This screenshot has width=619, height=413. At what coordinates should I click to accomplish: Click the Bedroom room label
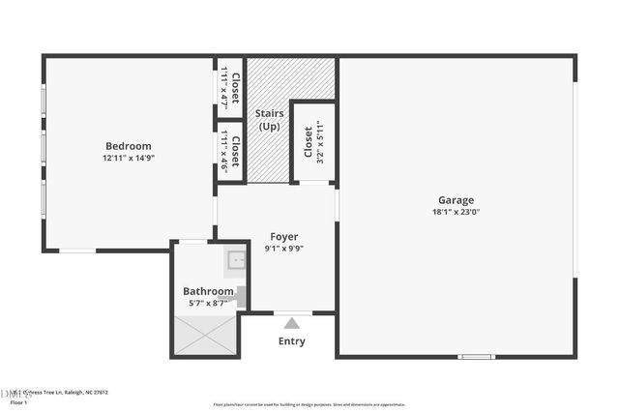click(x=129, y=146)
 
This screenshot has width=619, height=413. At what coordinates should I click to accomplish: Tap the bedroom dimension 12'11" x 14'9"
click(x=129, y=158)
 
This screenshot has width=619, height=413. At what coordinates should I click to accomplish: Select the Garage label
click(x=456, y=201)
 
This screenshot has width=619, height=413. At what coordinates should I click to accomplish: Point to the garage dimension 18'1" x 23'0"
click(x=456, y=213)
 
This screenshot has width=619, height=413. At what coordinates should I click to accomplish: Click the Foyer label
click(x=284, y=236)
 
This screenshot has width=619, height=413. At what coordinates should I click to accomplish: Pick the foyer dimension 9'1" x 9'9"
click(x=284, y=249)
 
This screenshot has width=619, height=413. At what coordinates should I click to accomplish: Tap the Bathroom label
click(x=208, y=291)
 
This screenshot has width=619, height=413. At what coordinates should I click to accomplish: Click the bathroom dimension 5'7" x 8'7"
click(x=208, y=304)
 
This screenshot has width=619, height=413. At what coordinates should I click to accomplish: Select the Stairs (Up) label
click(x=269, y=120)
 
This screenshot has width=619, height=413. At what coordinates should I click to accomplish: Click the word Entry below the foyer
click(x=291, y=341)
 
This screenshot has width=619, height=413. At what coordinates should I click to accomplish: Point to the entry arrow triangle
click(x=291, y=323)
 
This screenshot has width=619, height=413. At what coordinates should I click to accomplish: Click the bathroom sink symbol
click(x=237, y=259)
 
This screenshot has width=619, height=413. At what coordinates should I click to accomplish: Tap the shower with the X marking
click(x=205, y=334)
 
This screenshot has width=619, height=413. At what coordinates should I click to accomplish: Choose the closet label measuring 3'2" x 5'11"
click(x=309, y=142)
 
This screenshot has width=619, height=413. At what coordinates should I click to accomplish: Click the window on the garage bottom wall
click(x=476, y=357)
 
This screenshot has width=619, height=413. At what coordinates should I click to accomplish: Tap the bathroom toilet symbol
click(x=237, y=296)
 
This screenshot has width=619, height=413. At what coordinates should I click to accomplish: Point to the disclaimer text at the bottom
click(x=309, y=404)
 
